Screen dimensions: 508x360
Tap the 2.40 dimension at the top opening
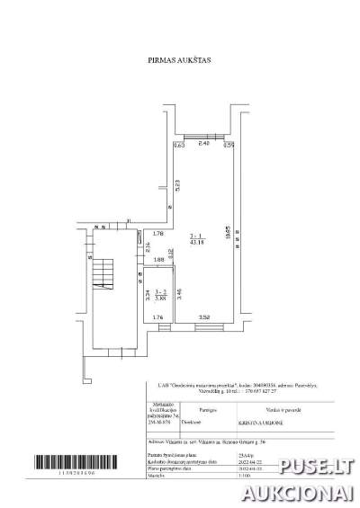(x=203, y=143)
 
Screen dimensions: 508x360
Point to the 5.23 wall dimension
(x=178, y=187)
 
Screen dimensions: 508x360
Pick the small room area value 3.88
(x=161, y=298)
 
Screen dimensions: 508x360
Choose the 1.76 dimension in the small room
(x=157, y=317)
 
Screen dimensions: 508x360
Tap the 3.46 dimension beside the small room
(x=180, y=292)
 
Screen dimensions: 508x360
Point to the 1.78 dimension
(x=157, y=235)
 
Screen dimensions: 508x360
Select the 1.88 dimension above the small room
(x=159, y=261)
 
